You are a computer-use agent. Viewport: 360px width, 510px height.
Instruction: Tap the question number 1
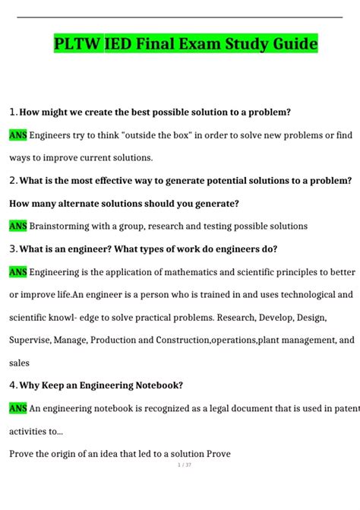[x=13, y=112]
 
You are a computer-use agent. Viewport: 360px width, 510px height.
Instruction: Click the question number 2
[x=13, y=180]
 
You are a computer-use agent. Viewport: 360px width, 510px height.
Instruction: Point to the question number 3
[x=13, y=249]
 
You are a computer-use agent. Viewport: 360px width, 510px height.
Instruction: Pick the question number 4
[x=13, y=385]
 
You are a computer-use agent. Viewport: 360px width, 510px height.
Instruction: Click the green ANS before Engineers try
[x=17, y=135]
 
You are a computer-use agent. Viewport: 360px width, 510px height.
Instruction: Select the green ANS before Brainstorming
[x=17, y=226]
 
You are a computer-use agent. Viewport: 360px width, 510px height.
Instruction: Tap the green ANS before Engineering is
[x=17, y=271]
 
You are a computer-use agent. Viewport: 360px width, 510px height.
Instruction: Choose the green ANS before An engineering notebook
[x=17, y=408]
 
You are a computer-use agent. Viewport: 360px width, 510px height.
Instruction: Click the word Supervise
[x=30, y=340]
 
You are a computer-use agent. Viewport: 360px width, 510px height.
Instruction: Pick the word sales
[x=21, y=363]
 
